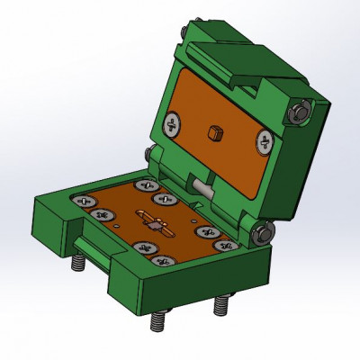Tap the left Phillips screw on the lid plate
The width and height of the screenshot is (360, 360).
tap(173, 121)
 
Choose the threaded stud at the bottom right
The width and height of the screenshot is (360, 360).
tap(219, 305)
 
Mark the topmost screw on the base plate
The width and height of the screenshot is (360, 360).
tap(144, 185)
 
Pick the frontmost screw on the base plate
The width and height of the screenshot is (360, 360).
tap(161, 261)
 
